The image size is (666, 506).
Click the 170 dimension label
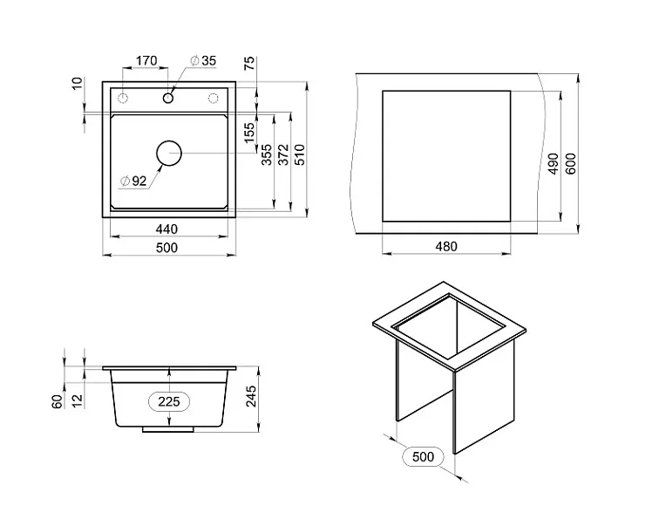coord(146,61)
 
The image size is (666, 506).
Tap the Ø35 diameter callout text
coord(203,61)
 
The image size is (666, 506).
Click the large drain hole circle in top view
coord(168,154)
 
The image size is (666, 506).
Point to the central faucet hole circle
coord(167,97)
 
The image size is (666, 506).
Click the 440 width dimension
coord(166,229)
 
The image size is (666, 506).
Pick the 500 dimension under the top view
coord(166,248)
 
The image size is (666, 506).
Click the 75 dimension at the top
coord(249,63)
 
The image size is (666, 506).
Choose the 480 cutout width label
coord(445,247)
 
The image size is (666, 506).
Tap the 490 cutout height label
coord(553,164)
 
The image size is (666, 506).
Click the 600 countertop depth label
coord(571,164)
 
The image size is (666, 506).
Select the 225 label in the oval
coord(169,401)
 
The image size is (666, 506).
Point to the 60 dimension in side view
coord(56,401)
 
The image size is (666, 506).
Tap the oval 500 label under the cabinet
coord(423,457)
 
